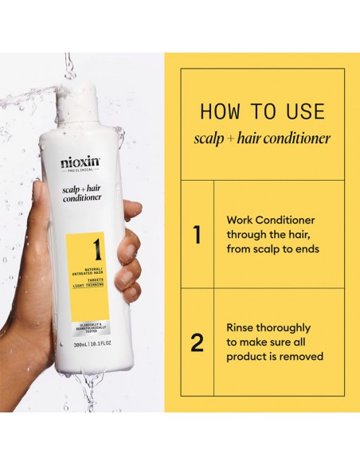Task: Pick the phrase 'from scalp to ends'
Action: [272, 248]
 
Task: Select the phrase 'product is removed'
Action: [275, 357]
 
